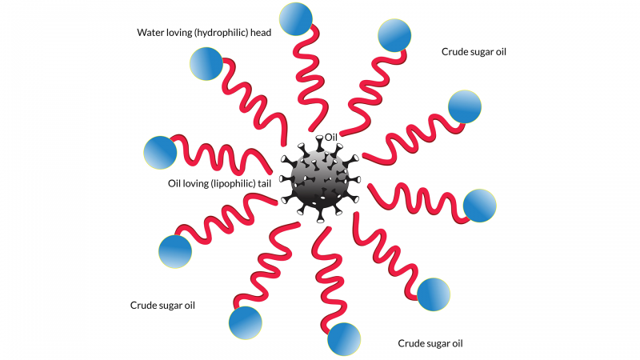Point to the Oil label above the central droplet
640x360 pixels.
point(332,138)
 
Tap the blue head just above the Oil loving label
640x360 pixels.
point(160,152)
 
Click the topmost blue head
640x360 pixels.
point(297,17)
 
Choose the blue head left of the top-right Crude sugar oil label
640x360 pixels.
point(394,34)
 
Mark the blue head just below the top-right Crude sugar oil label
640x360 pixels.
point(465,106)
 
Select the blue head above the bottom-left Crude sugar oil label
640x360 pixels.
point(175,252)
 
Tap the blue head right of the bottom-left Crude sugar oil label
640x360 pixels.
point(245,322)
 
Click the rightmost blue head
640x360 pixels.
point(480,206)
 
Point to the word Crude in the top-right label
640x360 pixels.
point(454,52)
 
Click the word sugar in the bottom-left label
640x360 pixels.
point(171,306)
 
